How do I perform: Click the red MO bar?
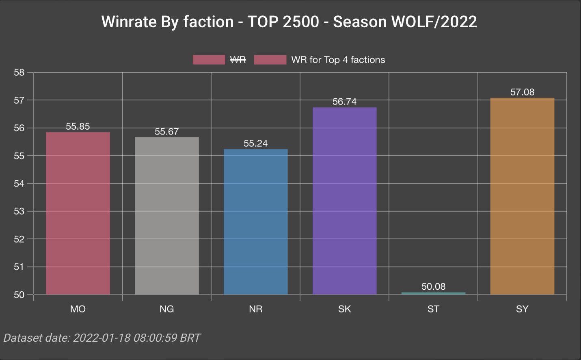[x=78, y=213]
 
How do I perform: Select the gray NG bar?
[x=166, y=216]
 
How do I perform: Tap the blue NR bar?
[x=255, y=222]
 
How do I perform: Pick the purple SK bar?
[x=344, y=201]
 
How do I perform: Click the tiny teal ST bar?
[x=433, y=293]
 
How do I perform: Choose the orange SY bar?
[x=522, y=196]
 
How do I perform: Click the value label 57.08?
[x=522, y=92]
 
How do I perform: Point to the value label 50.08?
[x=433, y=286]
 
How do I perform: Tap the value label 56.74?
[x=344, y=102]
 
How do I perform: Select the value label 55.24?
[x=255, y=143]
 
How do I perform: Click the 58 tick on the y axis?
[x=19, y=72]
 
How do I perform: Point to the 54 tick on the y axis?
[x=19, y=184]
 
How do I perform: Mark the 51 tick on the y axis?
[x=19, y=267]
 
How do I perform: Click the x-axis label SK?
[x=344, y=309]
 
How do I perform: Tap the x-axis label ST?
[x=433, y=309]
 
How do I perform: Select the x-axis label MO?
[x=78, y=309]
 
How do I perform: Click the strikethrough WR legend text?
[x=238, y=60]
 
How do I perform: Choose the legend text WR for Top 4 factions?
[x=338, y=60]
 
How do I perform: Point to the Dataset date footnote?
[x=102, y=338]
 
